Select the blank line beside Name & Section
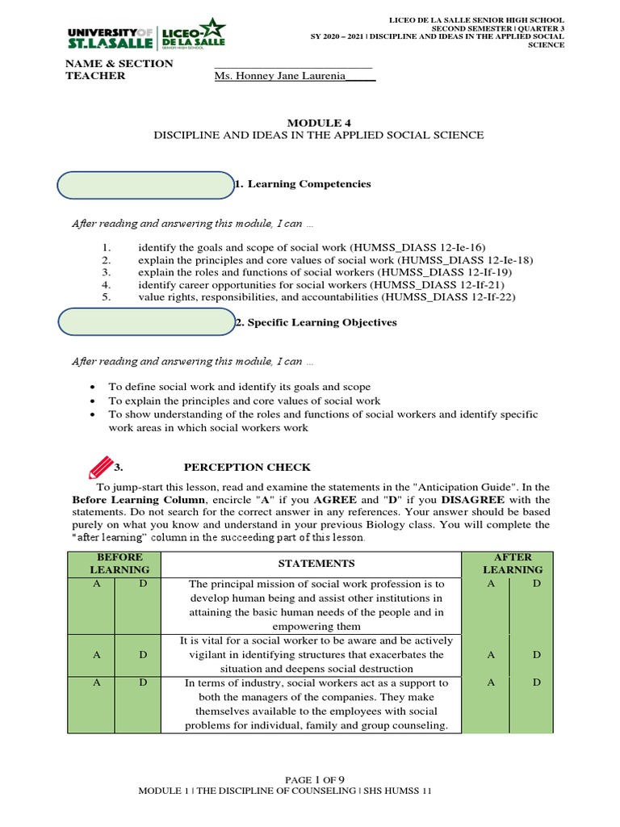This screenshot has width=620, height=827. (x=292, y=65)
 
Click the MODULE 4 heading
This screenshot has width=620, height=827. (x=319, y=122)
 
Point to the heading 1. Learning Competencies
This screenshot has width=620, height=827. (x=303, y=184)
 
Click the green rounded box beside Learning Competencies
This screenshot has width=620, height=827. (x=145, y=185)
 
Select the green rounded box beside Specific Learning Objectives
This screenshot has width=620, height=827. (x=145, y=322)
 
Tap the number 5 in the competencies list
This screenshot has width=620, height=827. (x=106, y=297)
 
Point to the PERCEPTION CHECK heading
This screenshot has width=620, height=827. (x=247, y=468)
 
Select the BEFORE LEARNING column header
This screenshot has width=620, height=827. (x=119, y=563)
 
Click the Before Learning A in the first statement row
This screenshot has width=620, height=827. (x=96, y=583)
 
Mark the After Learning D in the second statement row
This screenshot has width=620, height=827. (x=536, y=655)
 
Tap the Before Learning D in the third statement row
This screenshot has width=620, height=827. (x=142, y=683)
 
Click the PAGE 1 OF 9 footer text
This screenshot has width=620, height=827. (x=310, y=779)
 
